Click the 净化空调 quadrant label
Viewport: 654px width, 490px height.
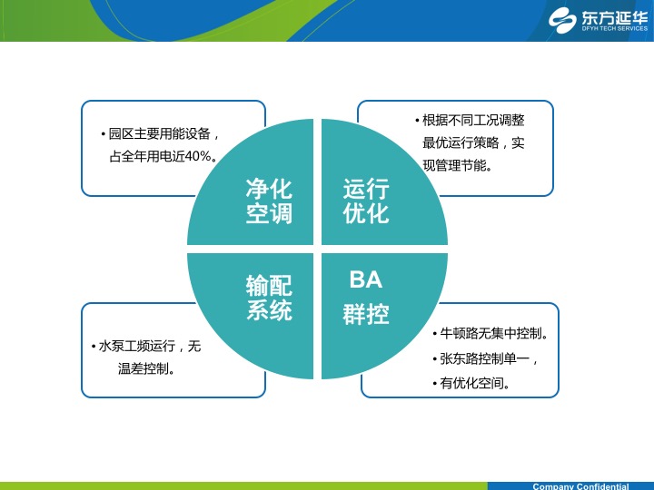(269, 201)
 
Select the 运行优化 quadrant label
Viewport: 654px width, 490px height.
(366, 201)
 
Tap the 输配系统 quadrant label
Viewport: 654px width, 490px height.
(269, 298)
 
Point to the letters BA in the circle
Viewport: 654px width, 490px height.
(366, 279)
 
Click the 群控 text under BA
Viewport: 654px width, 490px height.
(366, 314)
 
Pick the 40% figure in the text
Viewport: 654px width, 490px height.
(197, 156)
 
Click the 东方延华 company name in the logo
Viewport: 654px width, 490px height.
(615, 17)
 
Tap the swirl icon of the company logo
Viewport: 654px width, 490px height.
(562, 20)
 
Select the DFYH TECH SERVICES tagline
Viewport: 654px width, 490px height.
(615, 29)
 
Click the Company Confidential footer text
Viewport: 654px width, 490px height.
(580, 486)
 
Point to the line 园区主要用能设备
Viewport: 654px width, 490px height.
(159, 133)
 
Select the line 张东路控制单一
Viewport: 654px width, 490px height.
(485, 358)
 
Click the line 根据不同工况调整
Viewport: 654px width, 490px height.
(473, 121)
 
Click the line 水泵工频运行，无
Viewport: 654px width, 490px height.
(150, 346)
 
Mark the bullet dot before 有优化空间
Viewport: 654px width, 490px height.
(435, 383)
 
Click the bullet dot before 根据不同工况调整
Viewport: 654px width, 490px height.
(417, 121)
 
